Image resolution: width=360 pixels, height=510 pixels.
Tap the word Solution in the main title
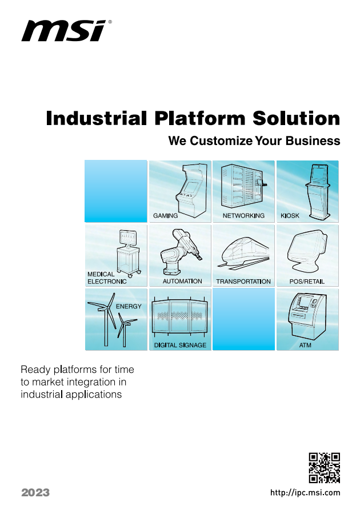click(296, 118)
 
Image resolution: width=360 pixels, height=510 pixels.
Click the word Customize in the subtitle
click(221, 141)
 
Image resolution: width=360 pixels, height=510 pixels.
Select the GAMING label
click(165, 216)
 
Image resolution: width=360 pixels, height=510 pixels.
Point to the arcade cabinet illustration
click(191, 190)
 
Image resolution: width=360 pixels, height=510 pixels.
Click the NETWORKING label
click(243, 216)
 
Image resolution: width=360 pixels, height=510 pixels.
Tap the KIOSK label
click(290, 216)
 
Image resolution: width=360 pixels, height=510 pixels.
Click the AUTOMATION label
click(182, 281)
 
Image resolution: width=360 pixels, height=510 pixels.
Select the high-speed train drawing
click(244, 254)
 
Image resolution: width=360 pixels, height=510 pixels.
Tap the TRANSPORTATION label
click(243, 282)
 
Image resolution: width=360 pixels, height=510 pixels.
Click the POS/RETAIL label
click(307, 282)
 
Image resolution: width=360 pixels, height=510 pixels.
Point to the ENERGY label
click(129, 306)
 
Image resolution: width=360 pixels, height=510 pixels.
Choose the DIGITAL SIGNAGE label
click(180, 345)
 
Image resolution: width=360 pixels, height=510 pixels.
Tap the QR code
click(324, 468)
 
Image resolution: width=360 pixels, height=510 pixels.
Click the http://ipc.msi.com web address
click(305, 493)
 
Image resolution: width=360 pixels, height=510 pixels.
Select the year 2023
click(35, 492)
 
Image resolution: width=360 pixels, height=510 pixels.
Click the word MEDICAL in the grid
click(101, 274)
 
